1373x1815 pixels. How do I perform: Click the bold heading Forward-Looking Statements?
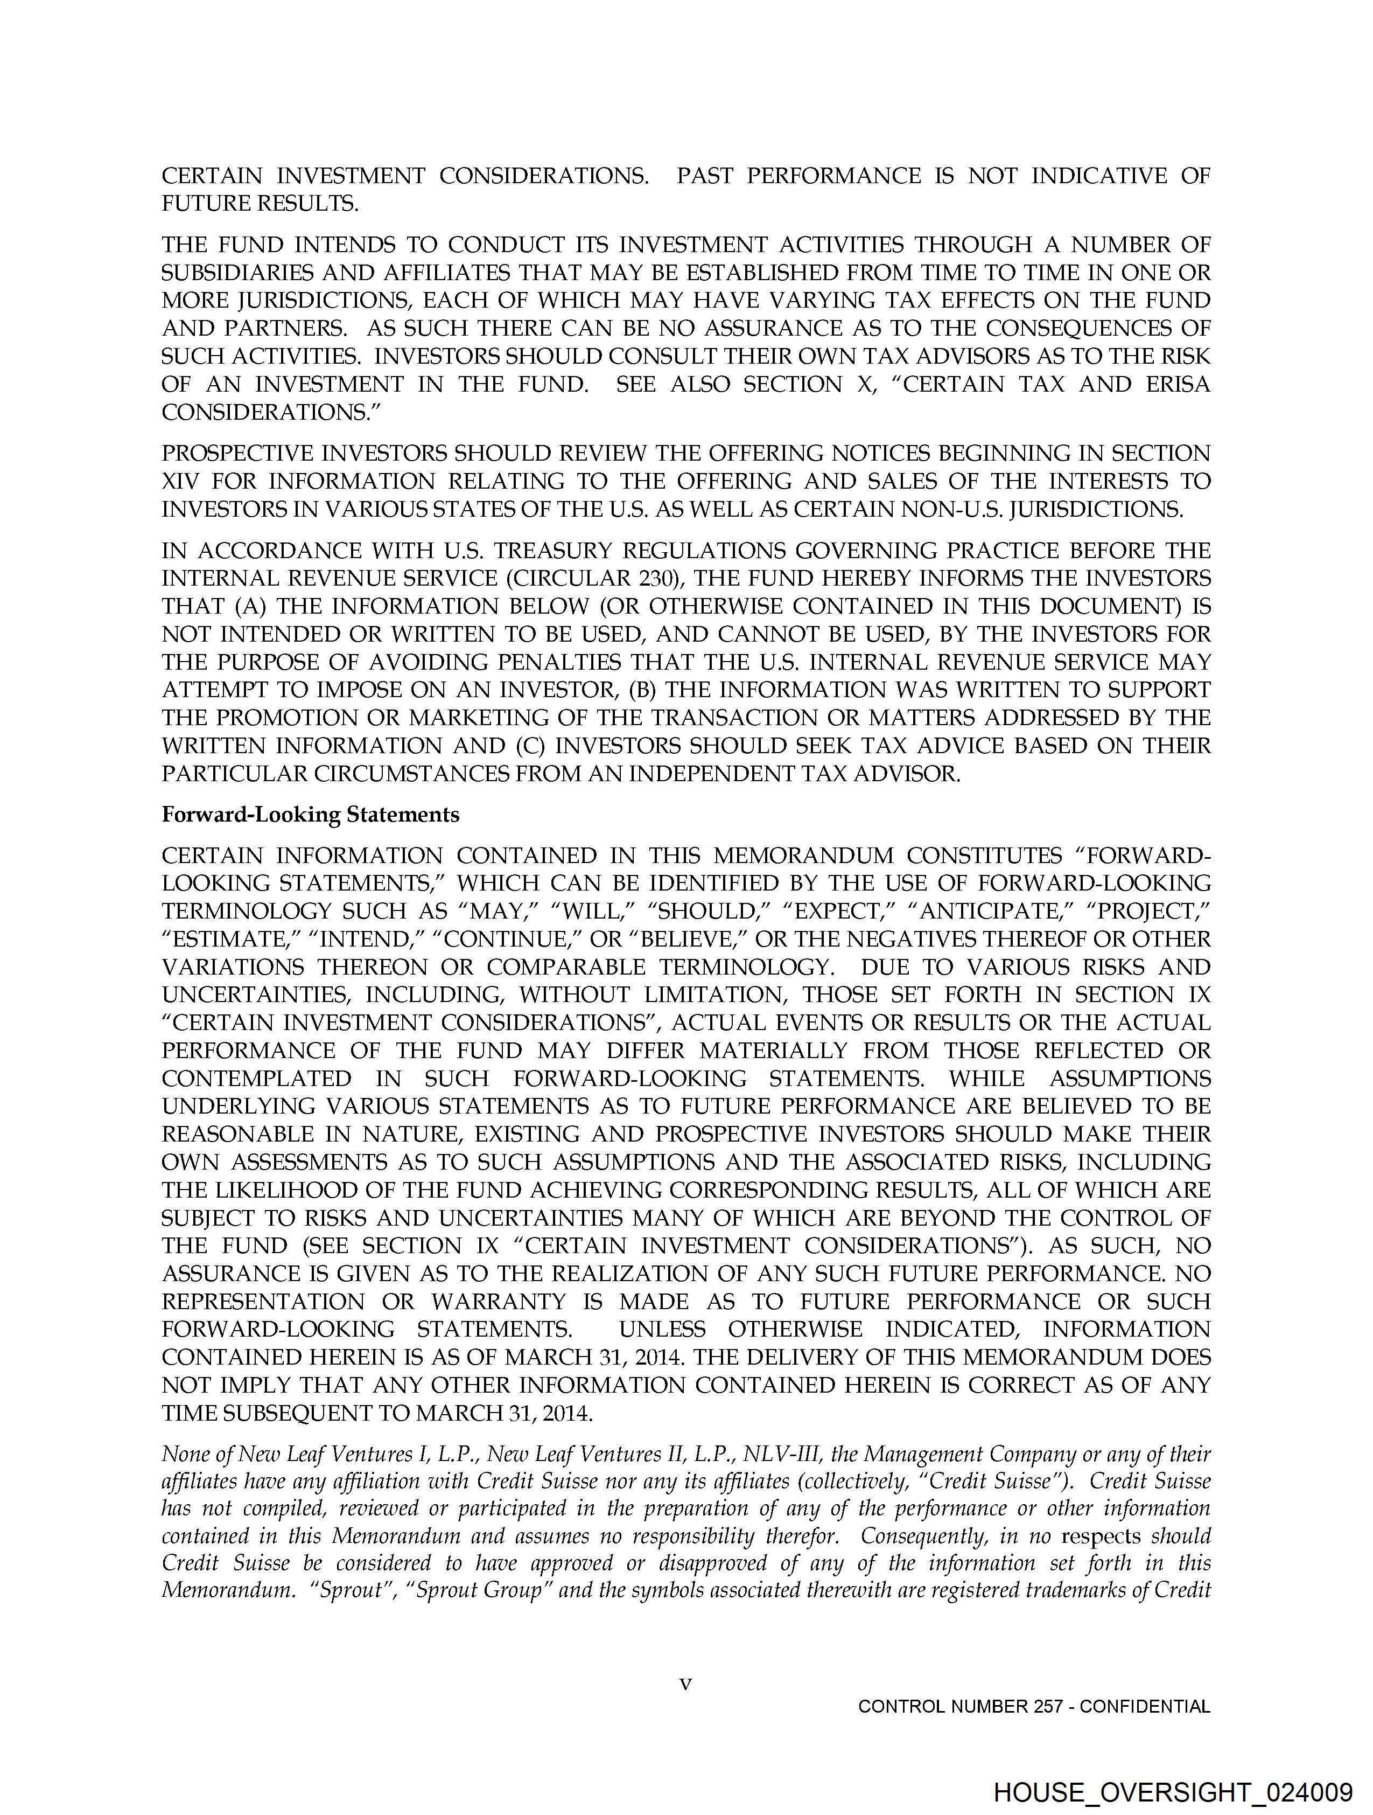pyautogui.click(x=310, y=815)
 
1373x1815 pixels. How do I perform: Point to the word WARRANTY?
pyautogui.click(x=499, y=1302)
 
